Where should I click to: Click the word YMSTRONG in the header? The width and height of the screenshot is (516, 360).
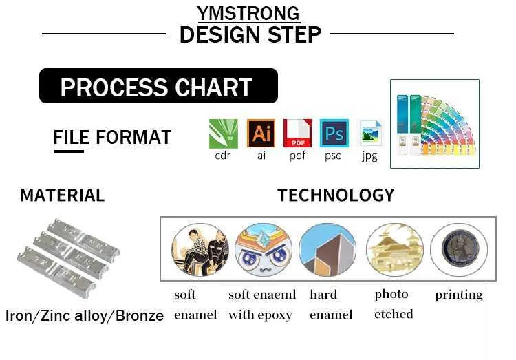pos(248,14)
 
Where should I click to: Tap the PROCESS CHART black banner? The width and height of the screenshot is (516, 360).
pos(158,85)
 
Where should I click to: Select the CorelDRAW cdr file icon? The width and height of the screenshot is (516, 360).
pos(224,134)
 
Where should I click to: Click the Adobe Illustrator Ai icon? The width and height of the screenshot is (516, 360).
pos(261,133)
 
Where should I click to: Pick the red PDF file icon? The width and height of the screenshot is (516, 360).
pos(297,133)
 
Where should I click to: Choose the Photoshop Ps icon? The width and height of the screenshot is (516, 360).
pos(334,133)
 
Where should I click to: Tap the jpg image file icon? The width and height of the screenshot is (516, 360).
pos(371,133)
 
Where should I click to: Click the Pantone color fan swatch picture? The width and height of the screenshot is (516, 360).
pos(435,124)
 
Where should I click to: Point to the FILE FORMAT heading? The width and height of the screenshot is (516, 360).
pos(112,137)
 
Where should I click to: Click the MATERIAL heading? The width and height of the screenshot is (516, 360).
pos(63,195)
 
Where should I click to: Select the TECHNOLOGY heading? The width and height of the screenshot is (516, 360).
pos(336,195)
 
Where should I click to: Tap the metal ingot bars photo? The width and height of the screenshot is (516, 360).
pos(68,257)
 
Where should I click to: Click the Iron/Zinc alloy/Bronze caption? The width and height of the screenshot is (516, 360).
pos(85,315)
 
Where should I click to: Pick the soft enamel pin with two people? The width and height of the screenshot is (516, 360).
pos(200,249)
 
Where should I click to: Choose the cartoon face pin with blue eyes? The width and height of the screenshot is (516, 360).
pos(264,249)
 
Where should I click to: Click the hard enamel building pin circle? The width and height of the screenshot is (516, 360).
pos(327,249)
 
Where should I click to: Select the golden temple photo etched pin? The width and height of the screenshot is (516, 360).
pos(395,249)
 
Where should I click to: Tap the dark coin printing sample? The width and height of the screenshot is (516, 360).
pos(460,249)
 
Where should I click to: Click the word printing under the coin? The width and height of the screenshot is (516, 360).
pos(459,295)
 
